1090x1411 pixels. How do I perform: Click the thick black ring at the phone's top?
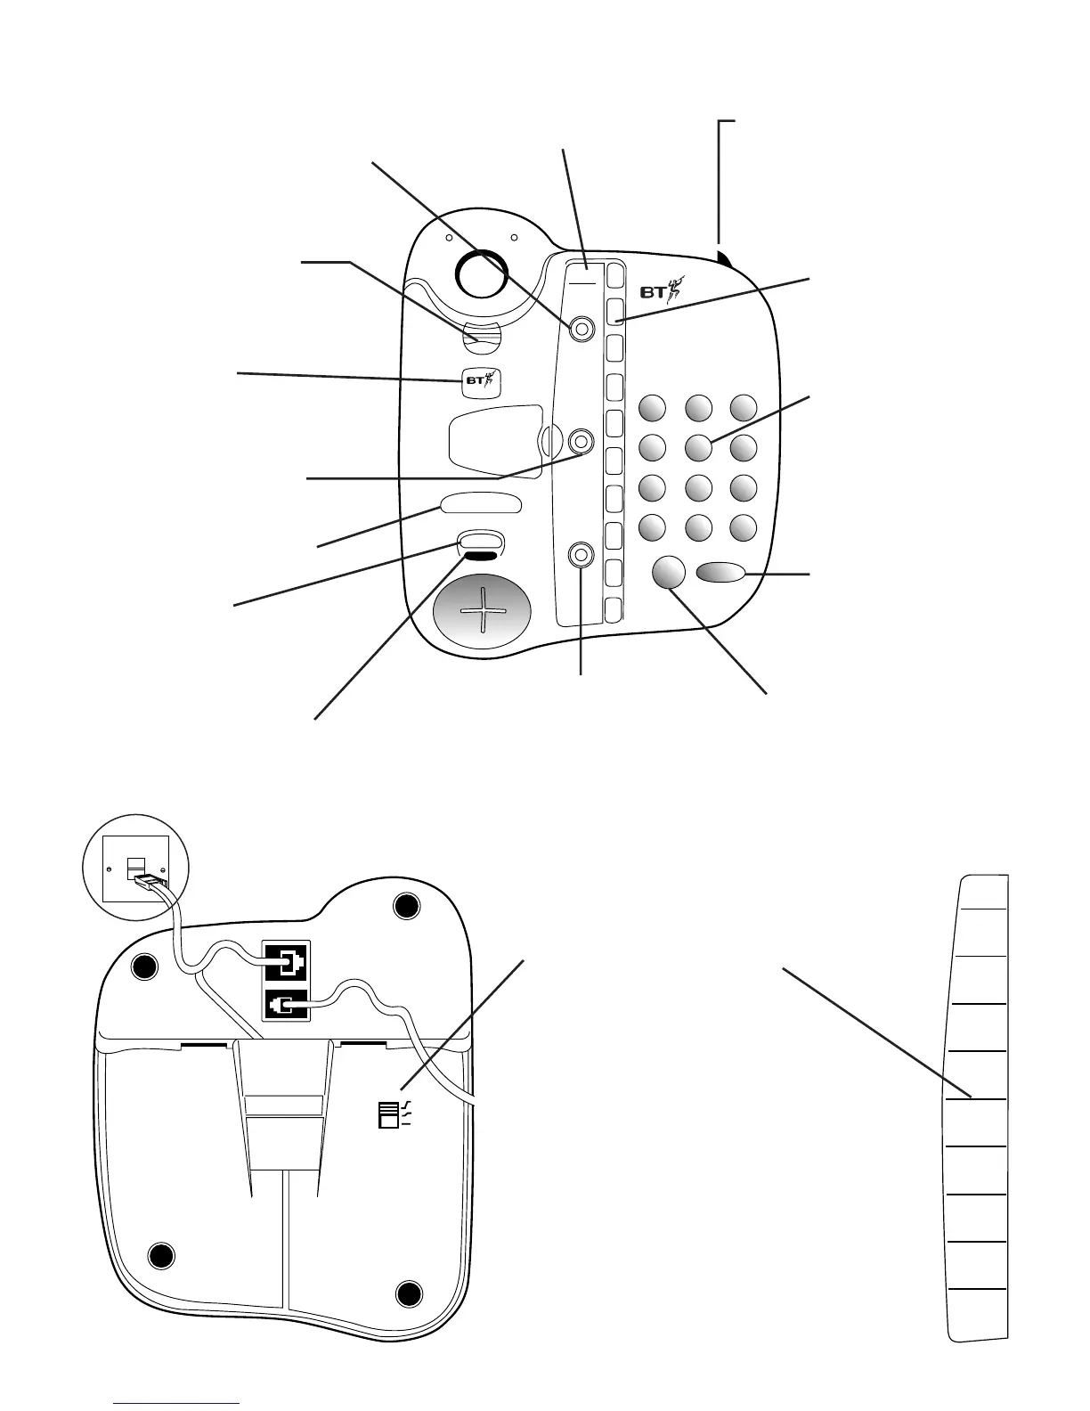[x=481, y=271]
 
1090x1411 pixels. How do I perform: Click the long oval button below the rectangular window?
[x=480, y=504]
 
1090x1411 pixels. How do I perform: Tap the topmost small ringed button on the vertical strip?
[x=582, y=329]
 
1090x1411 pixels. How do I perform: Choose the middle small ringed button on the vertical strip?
[x=582, y=441]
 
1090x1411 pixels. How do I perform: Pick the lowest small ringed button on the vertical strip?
[x=582, y=555]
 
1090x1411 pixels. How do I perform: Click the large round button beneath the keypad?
[x=669, y=573]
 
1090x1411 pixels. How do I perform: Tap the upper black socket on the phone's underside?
[x=286, y=963]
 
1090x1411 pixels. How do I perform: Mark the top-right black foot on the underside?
[x=406, y=906]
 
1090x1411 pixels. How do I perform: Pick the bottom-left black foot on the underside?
[x=160, y=1256]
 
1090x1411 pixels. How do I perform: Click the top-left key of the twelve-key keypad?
[x=652, y=408]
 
